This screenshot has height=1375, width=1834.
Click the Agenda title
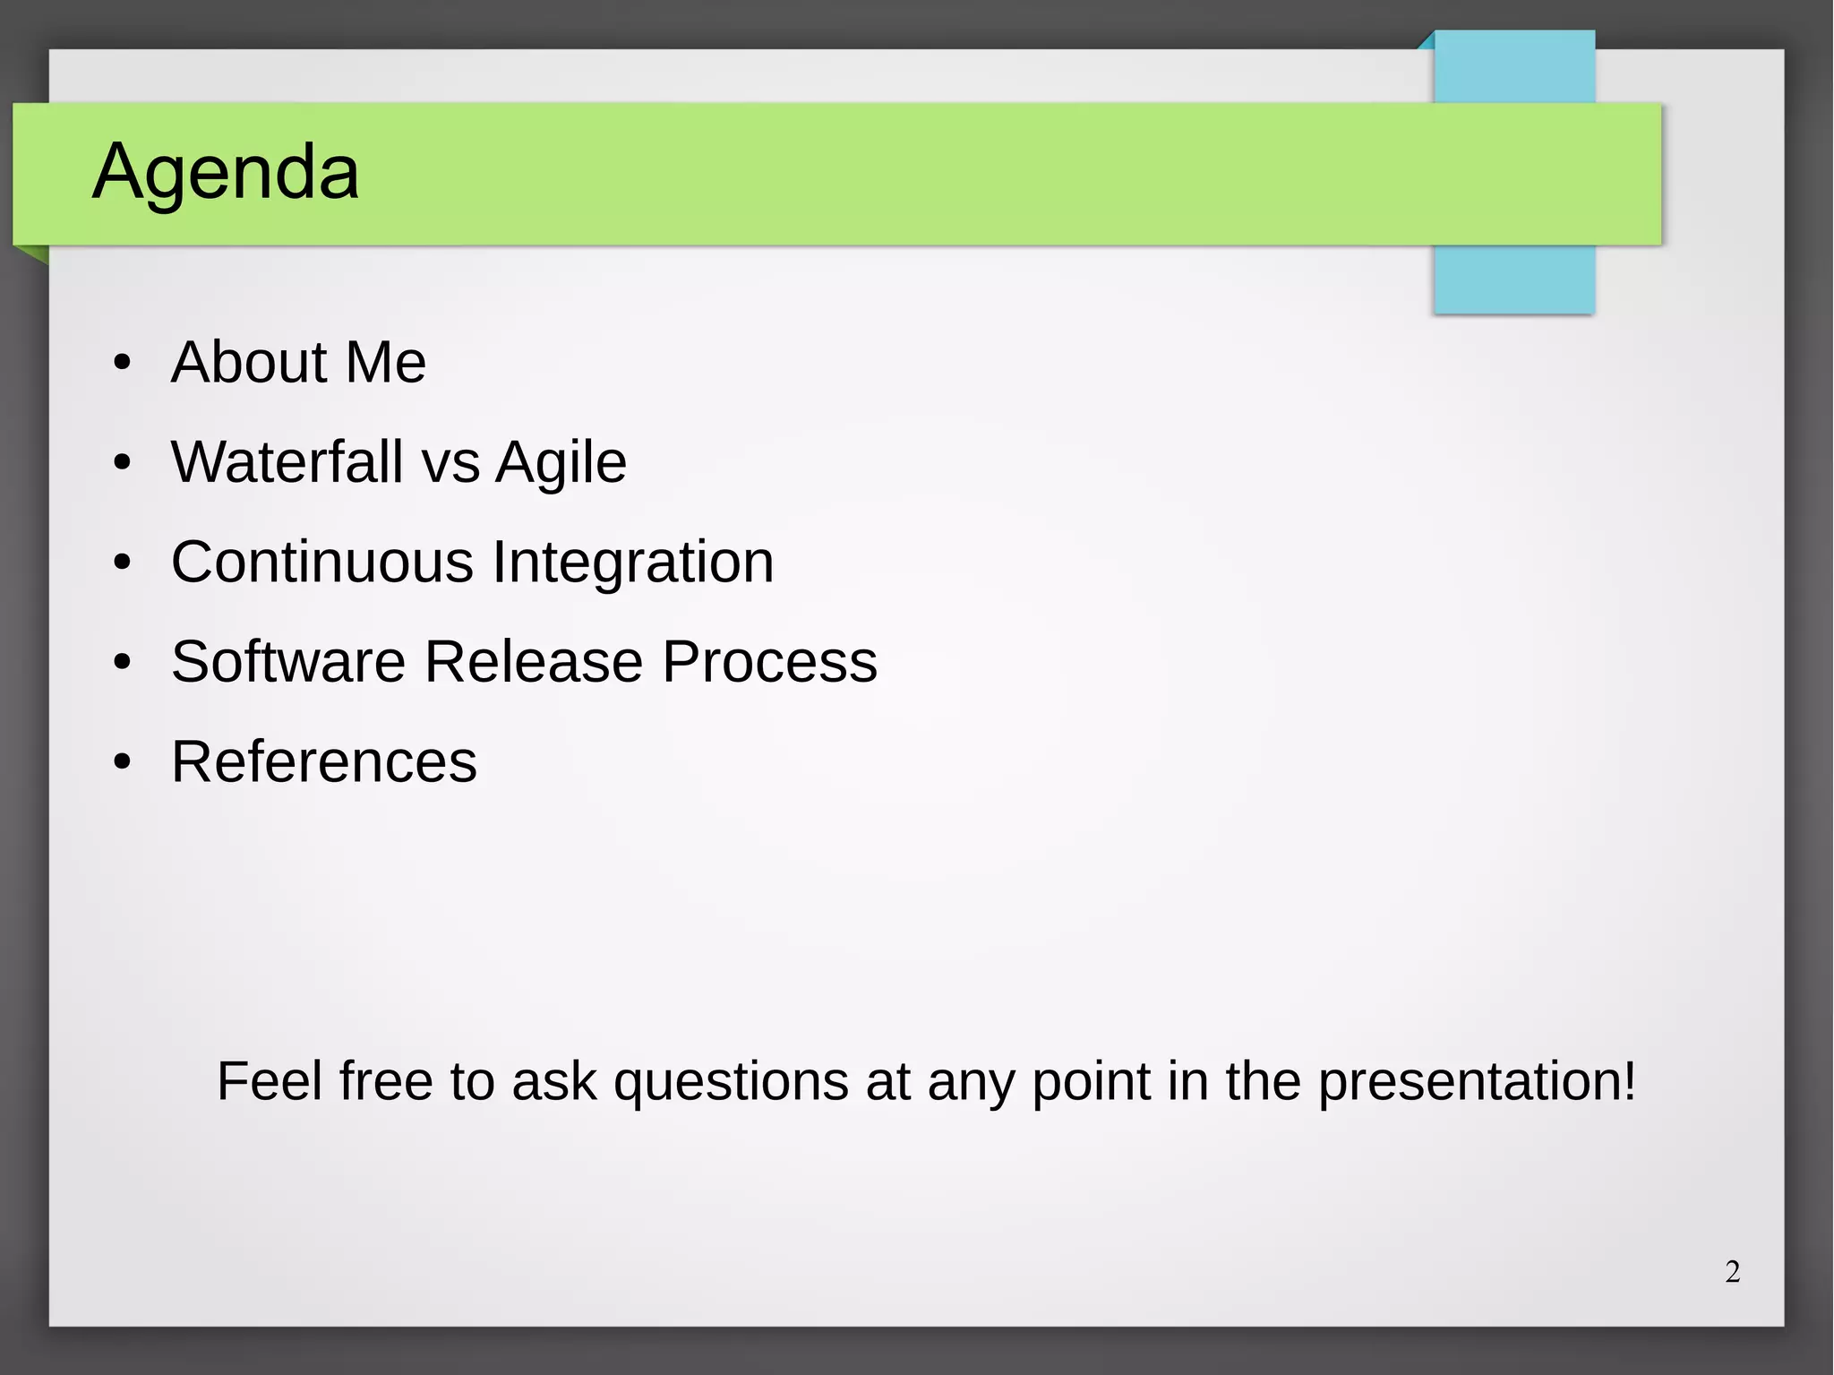[x=226, y=171]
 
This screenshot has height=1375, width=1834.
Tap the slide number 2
[x=1732, y=1272]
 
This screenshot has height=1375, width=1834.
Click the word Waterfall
[x=287, y=462]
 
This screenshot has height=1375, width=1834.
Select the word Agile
[x=561, y=464]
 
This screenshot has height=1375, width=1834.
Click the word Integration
[x=632, y=563]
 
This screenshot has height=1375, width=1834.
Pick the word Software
[x=288, y=662]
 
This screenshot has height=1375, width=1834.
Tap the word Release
[x=534, y=662]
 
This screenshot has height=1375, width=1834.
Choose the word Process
[x=769, y=662]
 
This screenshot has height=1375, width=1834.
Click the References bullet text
[x=323, y=762]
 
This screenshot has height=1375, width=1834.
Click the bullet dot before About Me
[x=123, y=364]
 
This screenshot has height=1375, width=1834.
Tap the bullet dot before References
[x=123, y=763]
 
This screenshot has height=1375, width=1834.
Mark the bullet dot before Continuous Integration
[x=123, y=563]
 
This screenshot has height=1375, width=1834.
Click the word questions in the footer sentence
[x=731, y=1082]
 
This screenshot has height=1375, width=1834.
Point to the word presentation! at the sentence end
[x=1477, y=1082]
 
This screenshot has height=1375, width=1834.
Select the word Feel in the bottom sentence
[x=269, y=1081]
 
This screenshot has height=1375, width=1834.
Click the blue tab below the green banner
[x=1513, y=279]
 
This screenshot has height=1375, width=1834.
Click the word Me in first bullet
[x=385, y=363]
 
